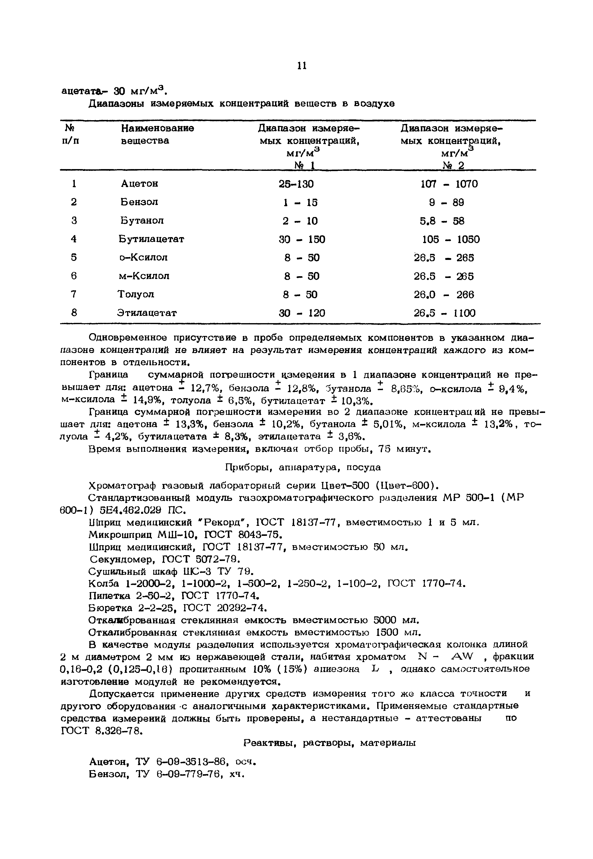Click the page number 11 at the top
(302, 66)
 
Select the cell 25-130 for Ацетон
(296, 184)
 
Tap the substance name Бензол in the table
(139, 202)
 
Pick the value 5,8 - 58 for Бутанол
(442, 221)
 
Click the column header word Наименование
(158, 128)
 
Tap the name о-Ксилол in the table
(144, 257)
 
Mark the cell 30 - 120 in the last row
(302, 313)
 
